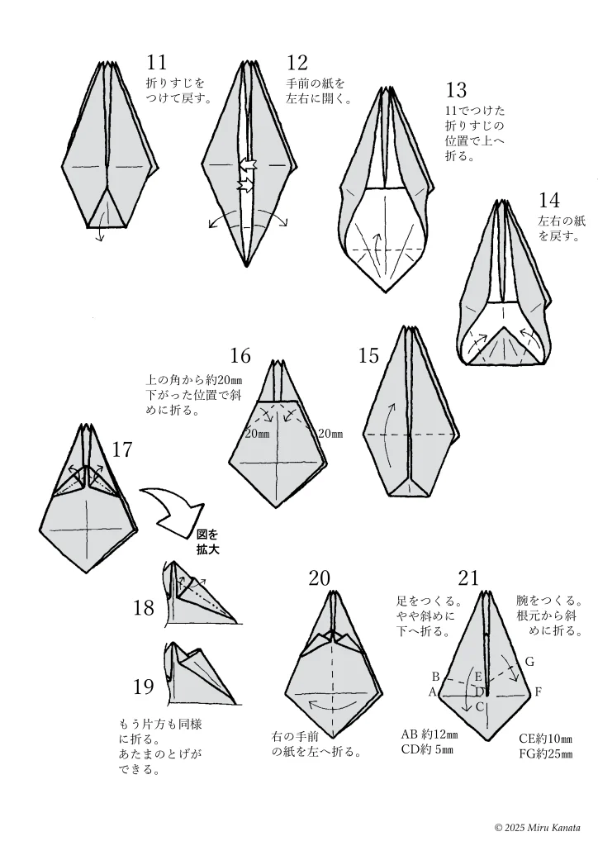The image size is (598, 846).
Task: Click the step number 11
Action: pyautogui.click(x=157, y=63)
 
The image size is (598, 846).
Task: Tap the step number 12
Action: pyautogui.click(x=297, y=63)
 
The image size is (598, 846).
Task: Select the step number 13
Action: pyautogui.click(x=456, y=90)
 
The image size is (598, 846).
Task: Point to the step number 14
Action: pyautogui.click(x=549, y=200)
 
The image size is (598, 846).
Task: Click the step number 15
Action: pyautogui.click(x=368, y=356)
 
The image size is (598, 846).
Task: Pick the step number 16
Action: pyautogui.click(x=240, y=356)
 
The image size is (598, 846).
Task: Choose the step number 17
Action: pyautogui.click(x=122, y=450)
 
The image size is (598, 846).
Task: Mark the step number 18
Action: pyautogui.click(x=144, y=609)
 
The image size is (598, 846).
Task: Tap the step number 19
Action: pyautogui.click(x=144, y=687)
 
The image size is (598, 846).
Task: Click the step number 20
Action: pyautogui.click(x=320, y=578)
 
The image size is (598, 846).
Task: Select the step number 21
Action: pyautogui.click(x=467, y=578)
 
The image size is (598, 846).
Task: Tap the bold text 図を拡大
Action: pyautogui.click(x=208, y=541)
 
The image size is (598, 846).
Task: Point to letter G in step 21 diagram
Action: pyautogui.click(x=529, y=662)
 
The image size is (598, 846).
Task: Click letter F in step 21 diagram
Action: pyautogui.click(x=538, y=692)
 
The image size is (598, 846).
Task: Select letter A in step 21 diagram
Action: pyautogui.click(x=431, y=692)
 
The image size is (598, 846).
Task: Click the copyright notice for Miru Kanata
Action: pyautogui.click(x=537, y=827)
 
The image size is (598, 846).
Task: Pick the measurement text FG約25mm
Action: pyautogui.click(x=545, y=753)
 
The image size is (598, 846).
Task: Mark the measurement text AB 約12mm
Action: pyautogui.click(x=429, y=734)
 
